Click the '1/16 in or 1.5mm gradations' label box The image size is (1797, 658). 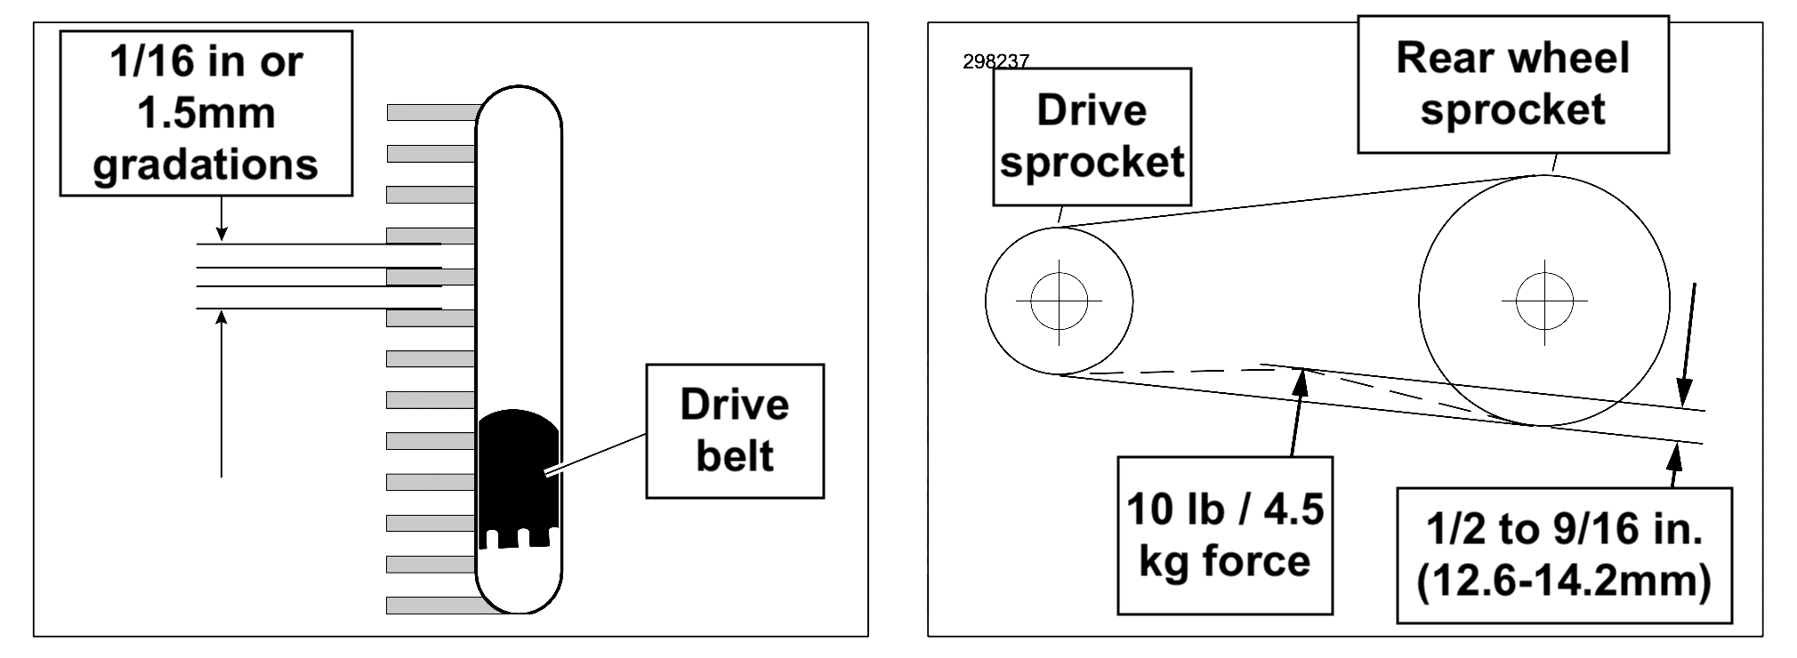point(206,114)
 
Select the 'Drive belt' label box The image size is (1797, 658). point(735,430)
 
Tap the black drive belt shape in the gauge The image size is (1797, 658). point(519,478)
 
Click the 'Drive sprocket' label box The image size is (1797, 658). point(1092,137)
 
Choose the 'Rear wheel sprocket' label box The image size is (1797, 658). point(1512,84)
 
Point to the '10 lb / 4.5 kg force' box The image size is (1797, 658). point(1225,535)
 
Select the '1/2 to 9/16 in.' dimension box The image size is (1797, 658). point(1564,556)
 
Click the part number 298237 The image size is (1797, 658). point(995,61)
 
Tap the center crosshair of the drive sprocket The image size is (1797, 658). point(1059,301)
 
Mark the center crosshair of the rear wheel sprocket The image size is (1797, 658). point(1544,301)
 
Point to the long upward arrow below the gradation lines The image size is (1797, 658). point(222,394)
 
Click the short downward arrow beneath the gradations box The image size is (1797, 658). point(222,219)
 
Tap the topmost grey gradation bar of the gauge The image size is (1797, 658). point(432,113)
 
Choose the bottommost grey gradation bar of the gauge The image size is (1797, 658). point(440,606)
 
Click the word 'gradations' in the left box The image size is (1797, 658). point(205,165)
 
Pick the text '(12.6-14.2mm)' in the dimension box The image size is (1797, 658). point(1564,582)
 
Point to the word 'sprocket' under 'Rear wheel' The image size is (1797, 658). point(1512,109)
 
